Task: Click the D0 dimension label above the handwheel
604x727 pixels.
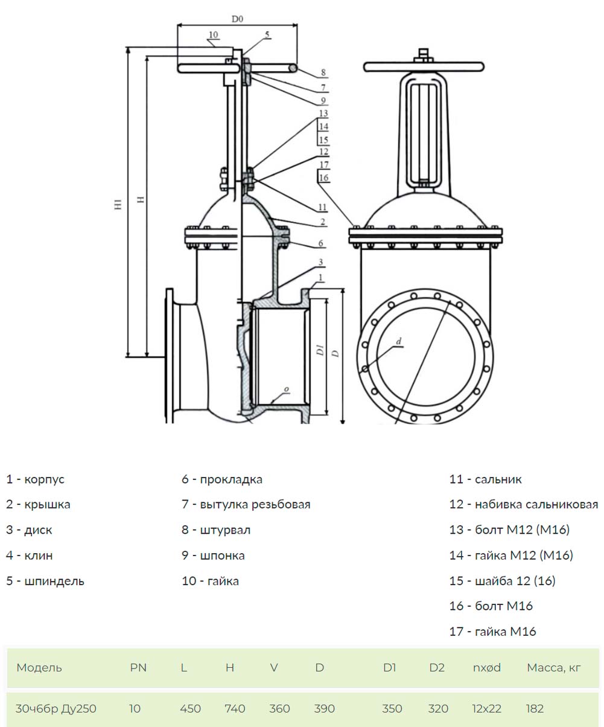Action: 237,19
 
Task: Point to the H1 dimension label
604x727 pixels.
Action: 118,204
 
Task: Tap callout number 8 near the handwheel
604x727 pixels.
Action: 323,72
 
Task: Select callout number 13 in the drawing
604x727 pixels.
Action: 323,113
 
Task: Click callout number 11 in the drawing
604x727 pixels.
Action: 322,207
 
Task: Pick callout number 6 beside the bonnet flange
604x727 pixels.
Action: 321,243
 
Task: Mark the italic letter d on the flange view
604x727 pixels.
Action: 399,341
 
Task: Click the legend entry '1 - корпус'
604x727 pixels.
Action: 35,479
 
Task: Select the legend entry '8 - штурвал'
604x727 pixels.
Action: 216,530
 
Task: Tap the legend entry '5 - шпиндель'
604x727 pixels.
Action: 45,581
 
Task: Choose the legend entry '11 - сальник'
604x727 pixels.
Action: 485,479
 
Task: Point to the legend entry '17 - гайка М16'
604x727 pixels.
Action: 492,631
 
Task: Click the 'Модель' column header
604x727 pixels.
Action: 39,667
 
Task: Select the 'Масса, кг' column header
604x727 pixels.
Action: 554,667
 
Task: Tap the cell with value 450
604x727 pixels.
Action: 190,708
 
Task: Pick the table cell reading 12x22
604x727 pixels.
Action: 487,708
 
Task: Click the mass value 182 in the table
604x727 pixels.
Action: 535,708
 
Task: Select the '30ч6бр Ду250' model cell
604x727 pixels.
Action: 56,708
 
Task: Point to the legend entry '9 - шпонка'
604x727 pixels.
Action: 213,556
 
